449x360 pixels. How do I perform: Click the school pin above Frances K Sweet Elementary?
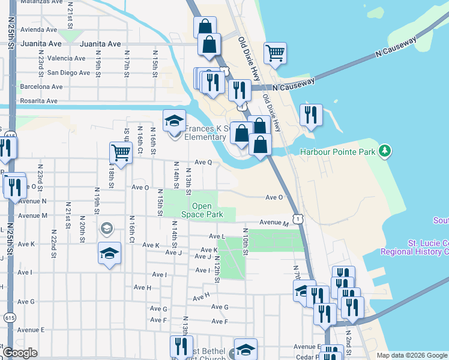point(174,121)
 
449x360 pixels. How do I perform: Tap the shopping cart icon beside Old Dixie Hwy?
point(275,52)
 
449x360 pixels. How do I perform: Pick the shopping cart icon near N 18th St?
point(121,153)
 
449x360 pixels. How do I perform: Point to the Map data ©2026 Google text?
point(412,355)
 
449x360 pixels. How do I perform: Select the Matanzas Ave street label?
point(41,2)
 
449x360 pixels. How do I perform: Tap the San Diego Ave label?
point(69,73)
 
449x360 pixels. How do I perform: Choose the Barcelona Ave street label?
point(41,86)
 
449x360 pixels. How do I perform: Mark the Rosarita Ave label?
point(41,100)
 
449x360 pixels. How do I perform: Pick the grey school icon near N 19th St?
point(106,227)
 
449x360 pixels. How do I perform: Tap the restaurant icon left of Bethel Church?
point(181,346)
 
